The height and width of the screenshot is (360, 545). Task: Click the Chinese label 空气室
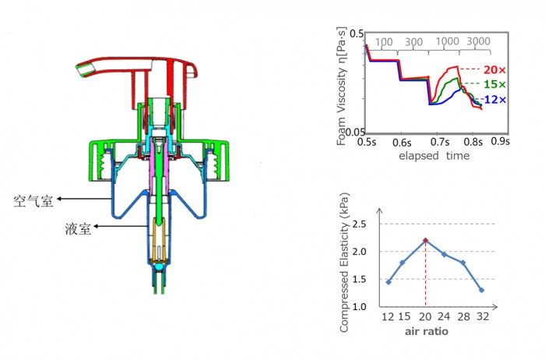coord(33,201)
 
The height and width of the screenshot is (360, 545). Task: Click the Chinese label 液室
coord(78,229)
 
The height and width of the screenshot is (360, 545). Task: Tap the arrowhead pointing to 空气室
coord(59,199)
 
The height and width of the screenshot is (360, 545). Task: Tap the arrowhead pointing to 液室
coord(96,227)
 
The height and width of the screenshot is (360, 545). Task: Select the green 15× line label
coord(494,84)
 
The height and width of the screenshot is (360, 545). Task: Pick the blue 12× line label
coord(495,100)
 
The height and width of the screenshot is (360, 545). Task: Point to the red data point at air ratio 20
coord(425,240)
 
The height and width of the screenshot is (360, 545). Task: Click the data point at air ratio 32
coord(481,290)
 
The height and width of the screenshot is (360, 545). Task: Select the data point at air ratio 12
coord(389,282)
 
